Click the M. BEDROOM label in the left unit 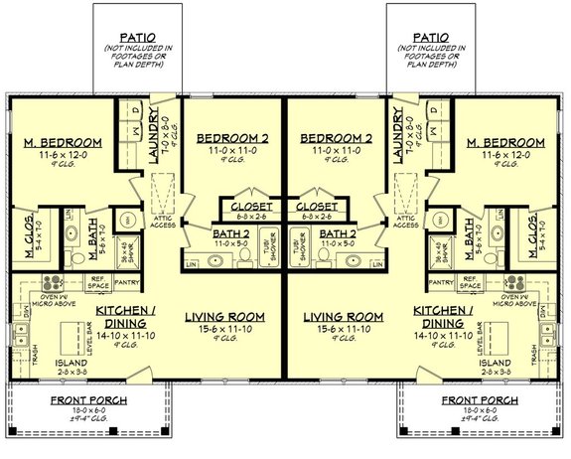click(55, 142)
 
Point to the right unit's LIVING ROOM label click(342, 316)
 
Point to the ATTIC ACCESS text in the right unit click(405, 222)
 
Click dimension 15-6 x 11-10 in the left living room click(225, 329)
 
